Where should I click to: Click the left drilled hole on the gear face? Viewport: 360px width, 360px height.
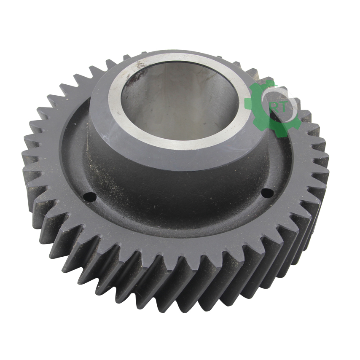(90, 197)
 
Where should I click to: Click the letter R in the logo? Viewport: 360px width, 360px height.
(274, 108)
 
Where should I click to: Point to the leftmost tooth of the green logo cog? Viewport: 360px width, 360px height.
(248, 102)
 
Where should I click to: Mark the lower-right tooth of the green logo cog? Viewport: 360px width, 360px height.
(296, 124)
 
